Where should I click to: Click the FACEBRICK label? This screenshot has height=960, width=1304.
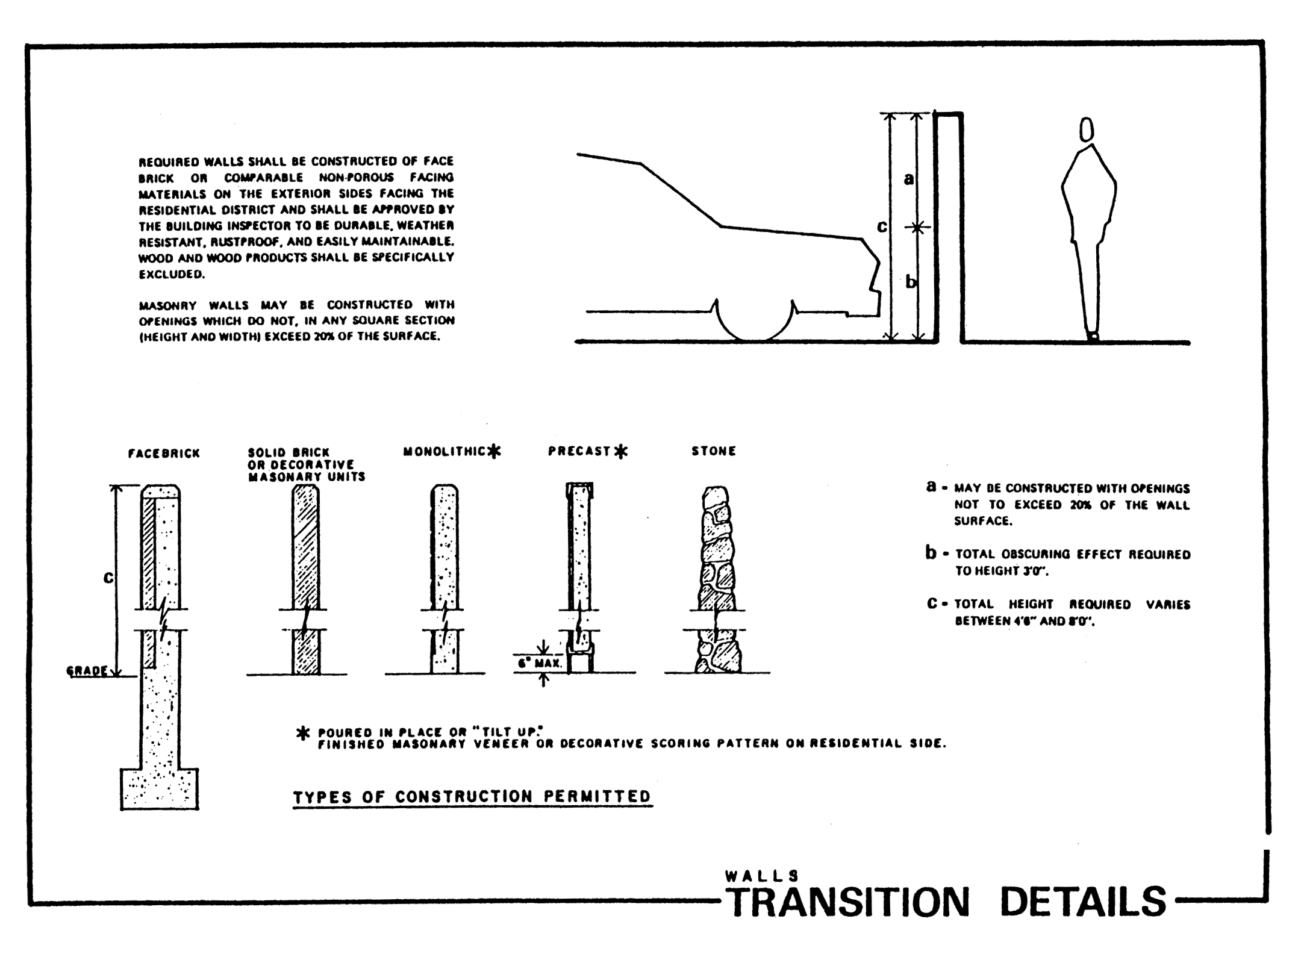pos(163,454)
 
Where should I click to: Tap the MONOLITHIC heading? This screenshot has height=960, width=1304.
pos(445,451)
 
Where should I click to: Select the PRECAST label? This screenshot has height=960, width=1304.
pos(579,451)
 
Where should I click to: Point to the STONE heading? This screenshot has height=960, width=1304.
pos(714,451)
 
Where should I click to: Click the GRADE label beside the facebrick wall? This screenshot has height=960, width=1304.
pos(87,670)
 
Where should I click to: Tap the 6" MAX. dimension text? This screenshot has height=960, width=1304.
pos(540,663)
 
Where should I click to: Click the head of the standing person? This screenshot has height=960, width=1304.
pos(1086,129)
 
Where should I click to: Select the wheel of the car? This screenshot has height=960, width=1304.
pos(755,321)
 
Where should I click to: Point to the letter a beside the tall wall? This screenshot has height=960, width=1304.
pos(909,178)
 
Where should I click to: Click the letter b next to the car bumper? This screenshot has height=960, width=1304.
pos(911,281)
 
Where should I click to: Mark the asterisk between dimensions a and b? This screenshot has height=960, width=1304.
pos(917,228)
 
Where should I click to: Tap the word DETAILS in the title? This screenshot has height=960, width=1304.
pos(1083,902)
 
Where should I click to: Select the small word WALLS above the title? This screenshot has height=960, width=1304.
pos(762,875)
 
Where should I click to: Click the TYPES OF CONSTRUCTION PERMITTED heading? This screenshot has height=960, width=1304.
pos(472,796)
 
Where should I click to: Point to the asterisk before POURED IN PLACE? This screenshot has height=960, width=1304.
pos(304,734)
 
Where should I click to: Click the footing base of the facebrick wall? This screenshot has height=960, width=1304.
pos(160,788)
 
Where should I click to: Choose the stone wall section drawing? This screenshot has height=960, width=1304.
pos(716,578)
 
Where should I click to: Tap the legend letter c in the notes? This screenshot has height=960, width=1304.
pos(932,603)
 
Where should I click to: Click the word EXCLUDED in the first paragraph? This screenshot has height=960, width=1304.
pos(172,274)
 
